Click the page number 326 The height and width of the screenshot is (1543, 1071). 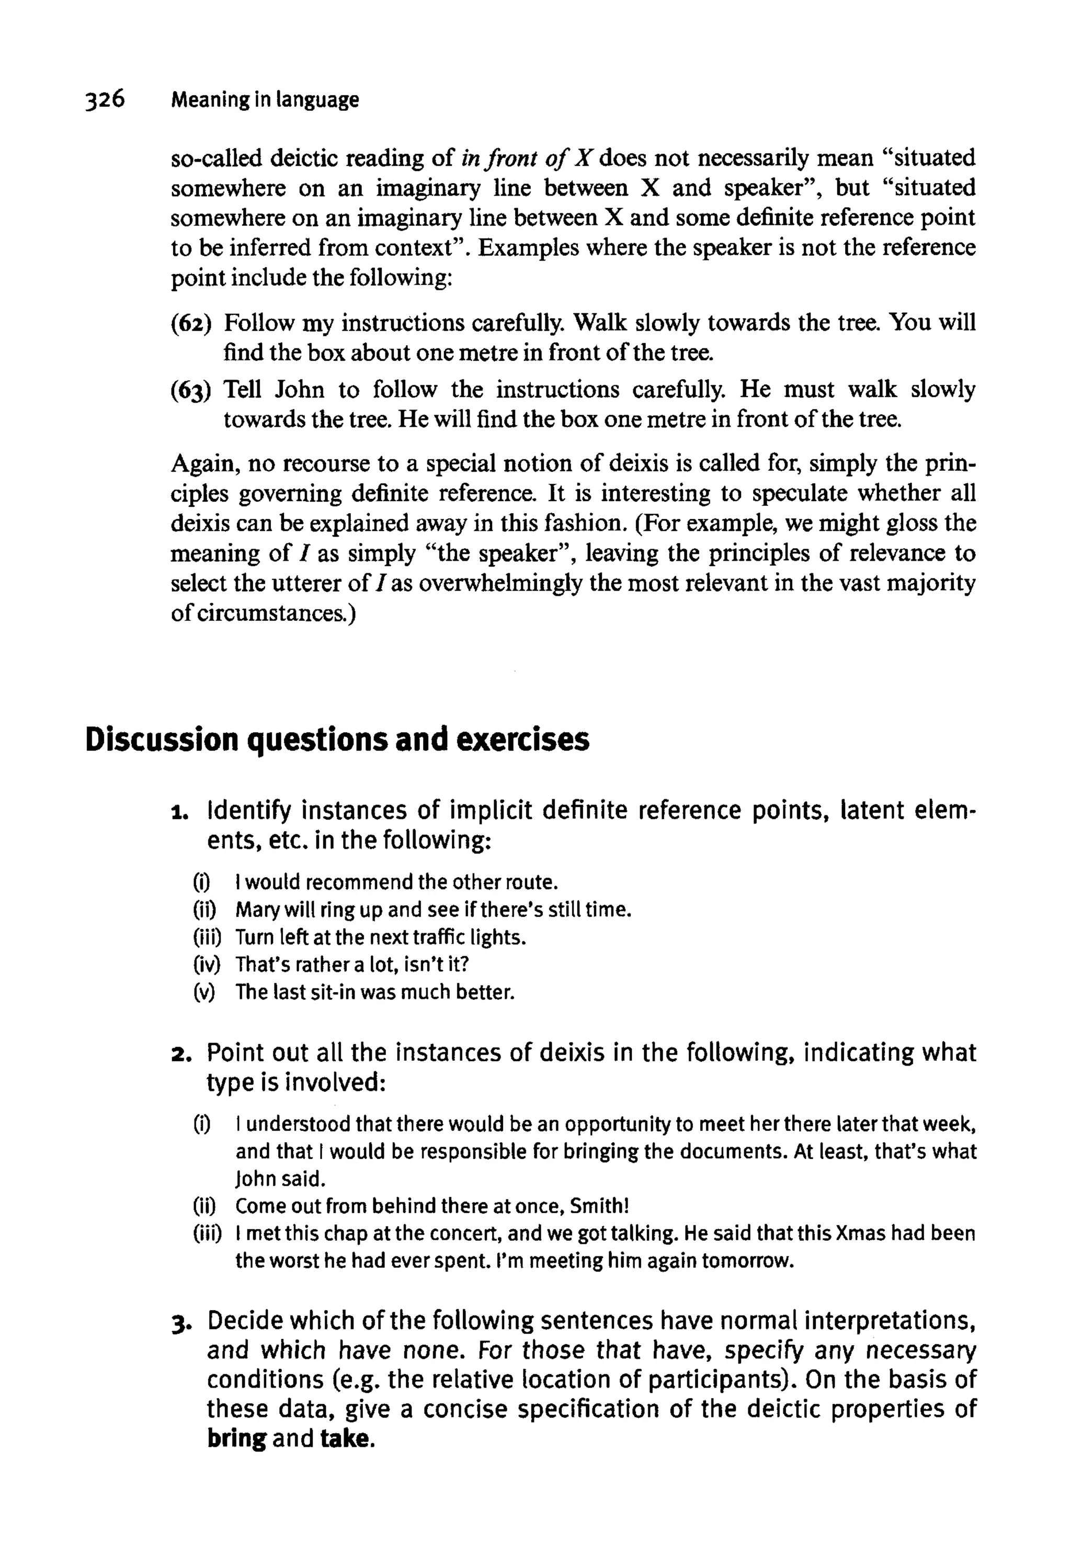coord(105,99)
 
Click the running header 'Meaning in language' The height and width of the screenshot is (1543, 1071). coord(265,100)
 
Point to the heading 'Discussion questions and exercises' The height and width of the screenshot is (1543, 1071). coord(337,740)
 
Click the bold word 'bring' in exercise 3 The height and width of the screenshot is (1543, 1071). coord(236,1438)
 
